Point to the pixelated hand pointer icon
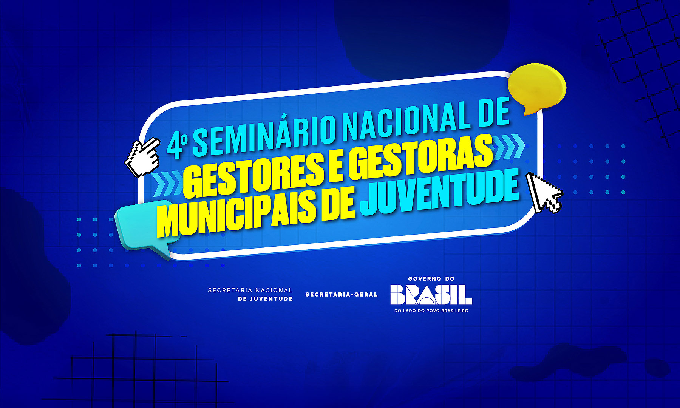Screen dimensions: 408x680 (x=142, y=156)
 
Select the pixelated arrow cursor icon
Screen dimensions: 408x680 (x=544, y=192)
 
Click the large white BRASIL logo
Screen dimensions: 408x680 (x=431, y=295)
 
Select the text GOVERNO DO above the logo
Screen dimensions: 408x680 (x=431, y=279)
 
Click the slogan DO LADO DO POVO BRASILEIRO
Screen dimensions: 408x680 (x=431, y=311)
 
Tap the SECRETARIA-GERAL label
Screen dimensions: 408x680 (x=342, y=295)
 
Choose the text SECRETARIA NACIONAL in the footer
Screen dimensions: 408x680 (x=250, y=290)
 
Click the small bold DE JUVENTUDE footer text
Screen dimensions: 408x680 (x=265, y=299)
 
